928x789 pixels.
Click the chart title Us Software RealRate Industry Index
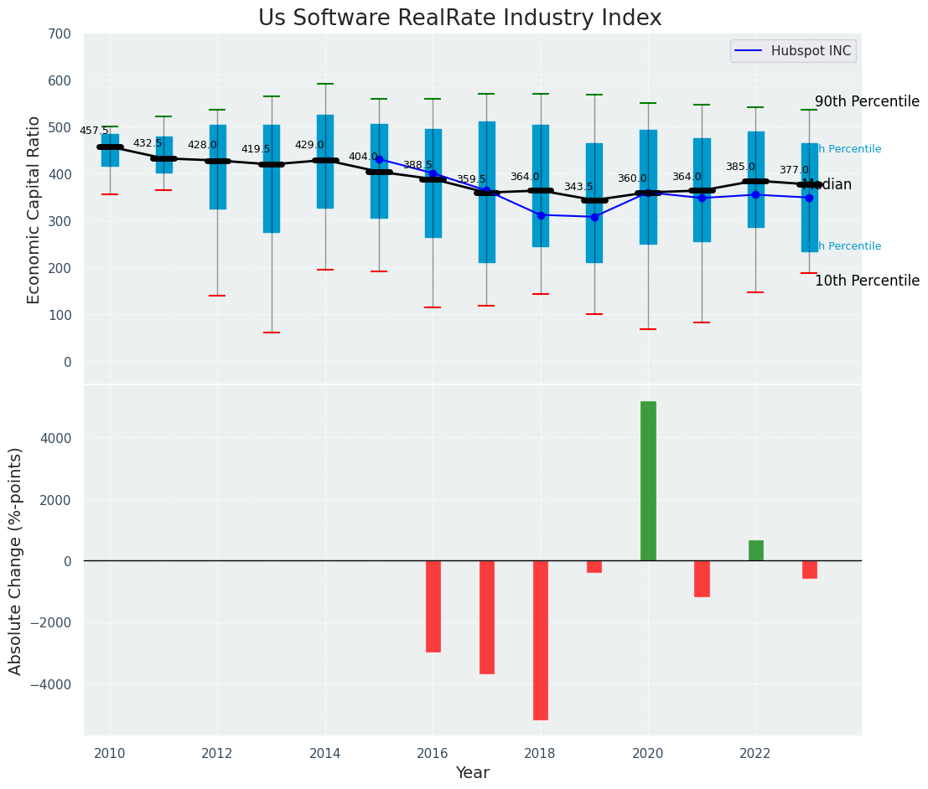459,18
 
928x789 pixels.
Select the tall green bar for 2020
648,481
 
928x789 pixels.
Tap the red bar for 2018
541,640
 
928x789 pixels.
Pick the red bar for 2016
433,606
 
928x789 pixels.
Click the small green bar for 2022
756,550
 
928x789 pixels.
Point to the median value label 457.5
94,131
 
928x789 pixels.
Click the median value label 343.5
578,187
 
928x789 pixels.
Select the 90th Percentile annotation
867,101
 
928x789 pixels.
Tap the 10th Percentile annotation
867,281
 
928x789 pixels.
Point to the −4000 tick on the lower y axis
53,684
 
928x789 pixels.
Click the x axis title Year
472,773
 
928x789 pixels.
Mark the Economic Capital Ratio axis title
34,209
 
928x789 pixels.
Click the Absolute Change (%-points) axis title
16,560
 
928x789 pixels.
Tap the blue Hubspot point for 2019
594,217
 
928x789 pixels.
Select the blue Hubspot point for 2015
379,159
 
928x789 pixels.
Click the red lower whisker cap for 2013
272,333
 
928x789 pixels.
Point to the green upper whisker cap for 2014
325,84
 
